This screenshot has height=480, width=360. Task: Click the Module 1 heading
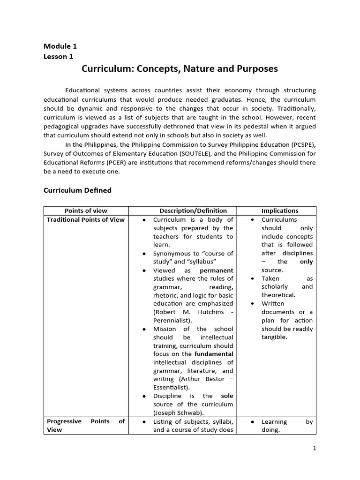[x=60, y=46]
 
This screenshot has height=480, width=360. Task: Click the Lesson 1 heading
[x=59, y=57]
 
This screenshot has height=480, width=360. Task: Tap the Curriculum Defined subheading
[x=77, y=190]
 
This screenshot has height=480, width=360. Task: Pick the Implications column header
[x=279, y=211]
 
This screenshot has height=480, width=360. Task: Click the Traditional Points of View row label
[x=86, y=219]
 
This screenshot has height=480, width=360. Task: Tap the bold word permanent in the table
[x=216, y=270]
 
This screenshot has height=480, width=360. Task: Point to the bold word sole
[x=227, y=396]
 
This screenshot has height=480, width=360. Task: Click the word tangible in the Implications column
[x=274, y=337]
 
